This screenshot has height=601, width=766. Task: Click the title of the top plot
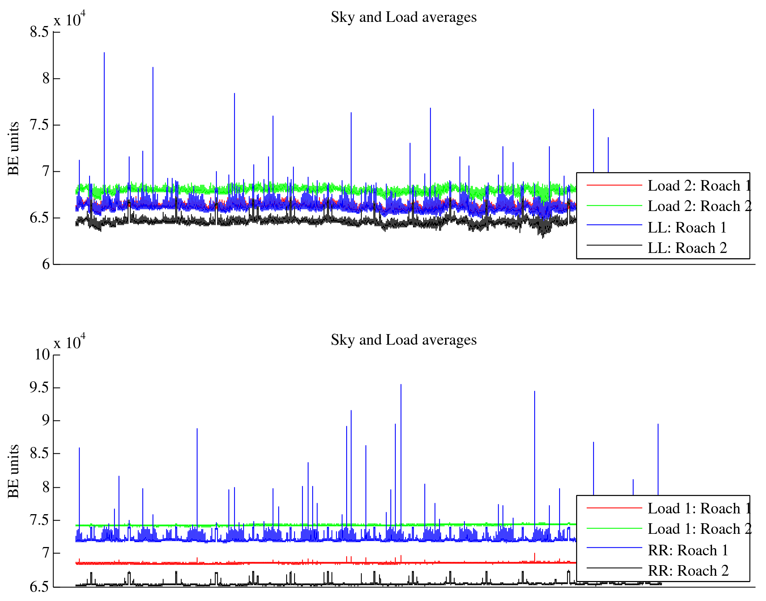click(x=403, y=17)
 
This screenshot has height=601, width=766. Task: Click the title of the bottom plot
click(x=403, y=340)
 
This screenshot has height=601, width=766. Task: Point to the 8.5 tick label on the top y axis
click(x=39, y=32)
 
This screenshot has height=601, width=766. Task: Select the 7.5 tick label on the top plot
click(x=39, y=125)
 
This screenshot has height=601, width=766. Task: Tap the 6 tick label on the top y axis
click(x=46, y=264)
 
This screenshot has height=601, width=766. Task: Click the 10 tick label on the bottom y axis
click(x=42, y=355)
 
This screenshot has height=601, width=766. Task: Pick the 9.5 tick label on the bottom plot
click(x=39, y=388)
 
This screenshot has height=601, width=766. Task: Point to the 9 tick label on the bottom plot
click(x=45, y=421)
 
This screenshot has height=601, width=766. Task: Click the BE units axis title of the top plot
click(x=14, y=148)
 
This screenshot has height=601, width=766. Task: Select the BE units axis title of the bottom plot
click(x=14, y=471)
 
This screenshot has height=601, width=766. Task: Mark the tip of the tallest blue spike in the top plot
click(x=104, y=53)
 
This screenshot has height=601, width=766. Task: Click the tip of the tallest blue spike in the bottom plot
click(x=401, y=385)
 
